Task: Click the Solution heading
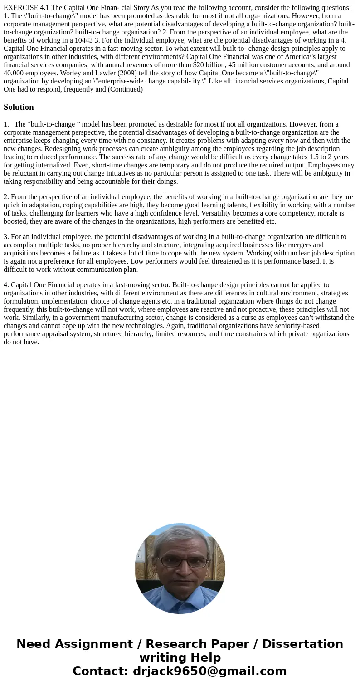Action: [x=19, y=107]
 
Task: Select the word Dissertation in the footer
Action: [x=302, y=644]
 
